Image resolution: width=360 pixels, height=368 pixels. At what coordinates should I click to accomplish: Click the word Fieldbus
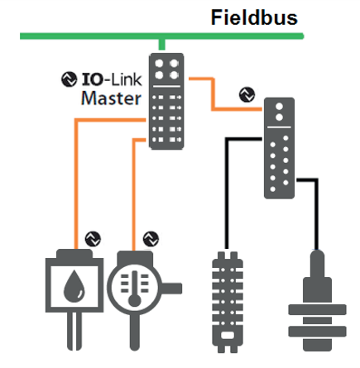[x=254, y=17]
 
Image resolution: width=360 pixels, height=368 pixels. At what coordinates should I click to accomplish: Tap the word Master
[x=111, y=98]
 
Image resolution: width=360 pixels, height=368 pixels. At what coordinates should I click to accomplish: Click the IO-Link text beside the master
[x=112, y=79]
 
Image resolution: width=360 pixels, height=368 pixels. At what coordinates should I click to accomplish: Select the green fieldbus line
[x=162, y=36]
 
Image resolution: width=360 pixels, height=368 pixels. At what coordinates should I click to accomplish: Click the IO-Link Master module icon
[x=166, y=101]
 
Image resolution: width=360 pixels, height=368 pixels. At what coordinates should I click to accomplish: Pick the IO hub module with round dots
[x=279, y=148]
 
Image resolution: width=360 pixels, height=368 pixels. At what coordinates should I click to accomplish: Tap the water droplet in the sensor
[x=74, y=286]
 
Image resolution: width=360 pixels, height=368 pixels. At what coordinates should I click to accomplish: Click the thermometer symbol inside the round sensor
[x=135, y=289]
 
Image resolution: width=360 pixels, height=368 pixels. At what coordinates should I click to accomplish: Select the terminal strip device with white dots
[x=228, y=302]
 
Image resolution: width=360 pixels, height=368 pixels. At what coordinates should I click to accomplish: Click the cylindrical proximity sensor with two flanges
[x=317, y=300]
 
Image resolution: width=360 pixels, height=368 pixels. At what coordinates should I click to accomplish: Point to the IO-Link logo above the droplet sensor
[x=93, y=239]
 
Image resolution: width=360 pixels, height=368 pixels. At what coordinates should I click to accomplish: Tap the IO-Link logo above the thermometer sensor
[x=151, y=239]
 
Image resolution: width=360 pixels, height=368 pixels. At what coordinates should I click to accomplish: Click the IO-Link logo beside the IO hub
[x=247, y=95]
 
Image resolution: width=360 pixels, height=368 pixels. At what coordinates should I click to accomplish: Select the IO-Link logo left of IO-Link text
[x=69, y=79]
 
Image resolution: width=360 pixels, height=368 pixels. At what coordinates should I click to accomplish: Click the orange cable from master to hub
[x=213, y=93]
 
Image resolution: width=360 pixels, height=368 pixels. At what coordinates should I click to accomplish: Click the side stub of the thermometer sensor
[x=171, y=289]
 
